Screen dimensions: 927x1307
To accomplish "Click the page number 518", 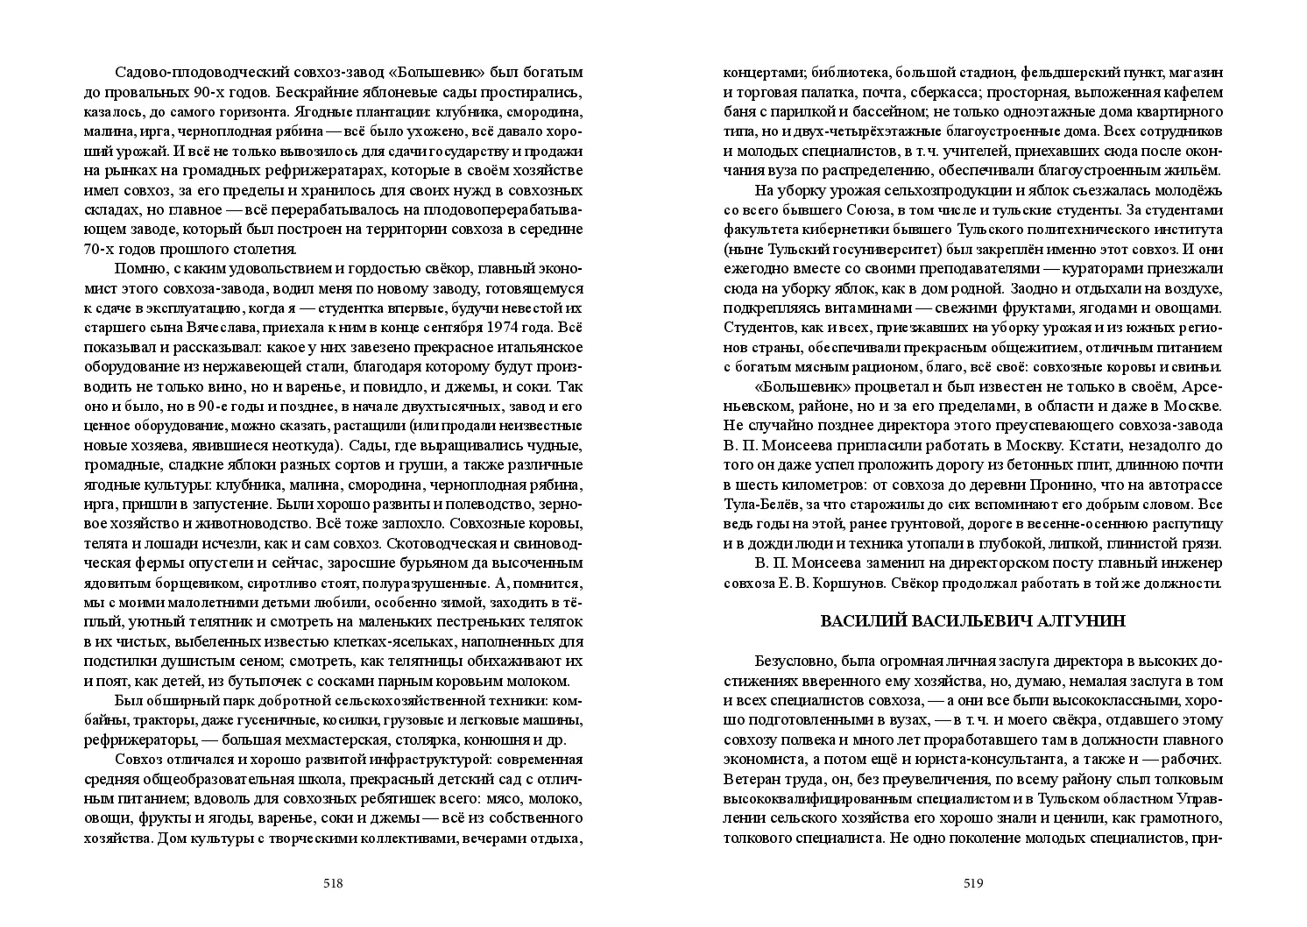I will [332, 883].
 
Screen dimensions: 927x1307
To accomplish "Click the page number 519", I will [973, 883].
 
